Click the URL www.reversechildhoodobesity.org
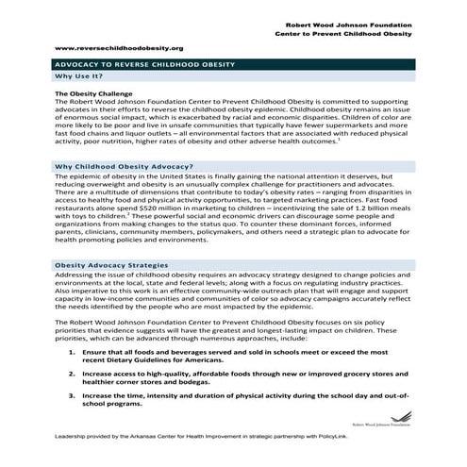point(119,46)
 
